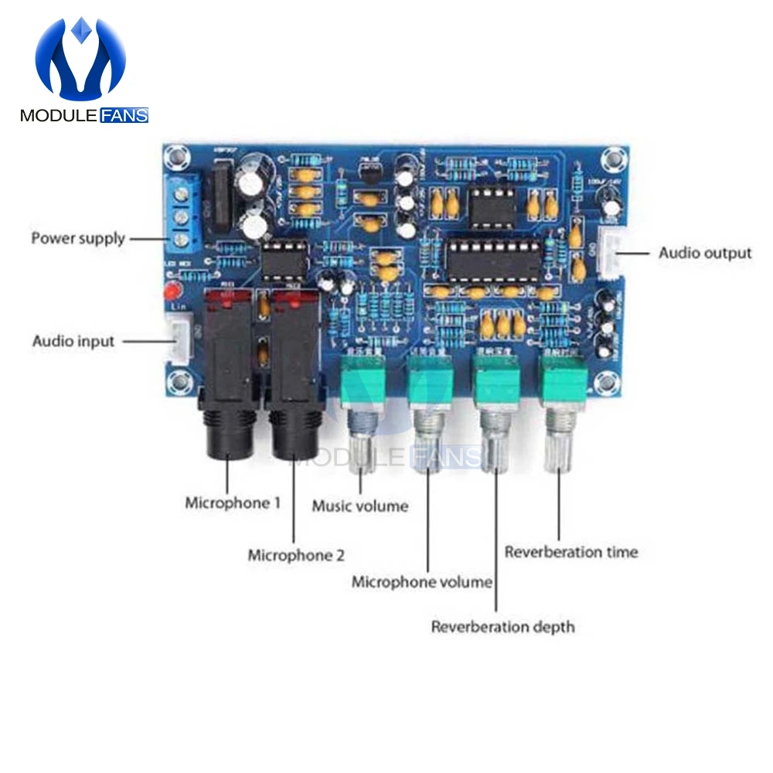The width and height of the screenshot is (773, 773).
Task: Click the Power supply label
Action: click(77, 238)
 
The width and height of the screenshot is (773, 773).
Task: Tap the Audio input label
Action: click(73, 341)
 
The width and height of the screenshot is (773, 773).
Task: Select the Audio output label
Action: click(705, 253)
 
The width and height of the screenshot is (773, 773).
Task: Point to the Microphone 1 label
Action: click(233, 503)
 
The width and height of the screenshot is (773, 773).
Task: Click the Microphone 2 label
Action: click(296, 555)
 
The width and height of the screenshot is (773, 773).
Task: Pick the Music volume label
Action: click(359, 507)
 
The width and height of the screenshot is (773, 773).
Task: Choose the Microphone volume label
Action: click(422, 582)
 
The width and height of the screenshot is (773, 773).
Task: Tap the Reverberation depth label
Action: click(503, 626)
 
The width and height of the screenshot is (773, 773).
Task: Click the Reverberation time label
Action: click(571, 552)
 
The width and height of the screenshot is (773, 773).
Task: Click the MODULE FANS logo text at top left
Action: click(83, 116)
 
